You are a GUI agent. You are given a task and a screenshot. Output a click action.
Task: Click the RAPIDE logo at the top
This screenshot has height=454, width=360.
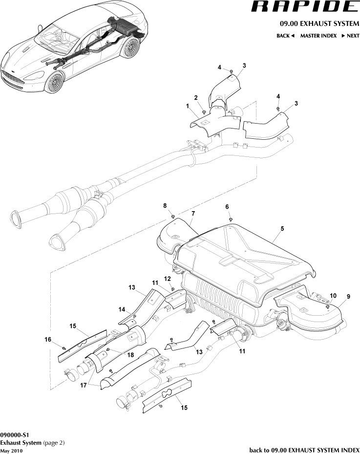[x=304, y=7]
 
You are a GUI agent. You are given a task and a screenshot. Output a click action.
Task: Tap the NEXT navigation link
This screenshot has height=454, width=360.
[x=350, y=36]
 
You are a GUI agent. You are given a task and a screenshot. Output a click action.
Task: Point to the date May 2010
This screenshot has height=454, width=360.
[x=11, y=451]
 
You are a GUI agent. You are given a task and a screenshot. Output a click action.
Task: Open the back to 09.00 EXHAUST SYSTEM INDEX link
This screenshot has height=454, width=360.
[x=304, y=450]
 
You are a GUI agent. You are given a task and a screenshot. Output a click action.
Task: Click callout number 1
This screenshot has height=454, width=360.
[x=187, y=106]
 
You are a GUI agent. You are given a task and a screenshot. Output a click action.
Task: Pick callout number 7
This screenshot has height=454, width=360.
[x=193, y=214]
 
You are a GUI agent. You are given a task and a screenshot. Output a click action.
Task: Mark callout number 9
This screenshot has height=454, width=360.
[x=348, y=296]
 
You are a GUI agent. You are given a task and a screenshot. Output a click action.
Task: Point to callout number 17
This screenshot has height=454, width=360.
[x=82, y=385]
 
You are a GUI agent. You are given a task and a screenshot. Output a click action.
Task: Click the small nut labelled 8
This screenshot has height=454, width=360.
[x=173, y=215]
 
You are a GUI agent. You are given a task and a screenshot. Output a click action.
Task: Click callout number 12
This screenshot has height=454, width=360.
[x=167, y=278]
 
